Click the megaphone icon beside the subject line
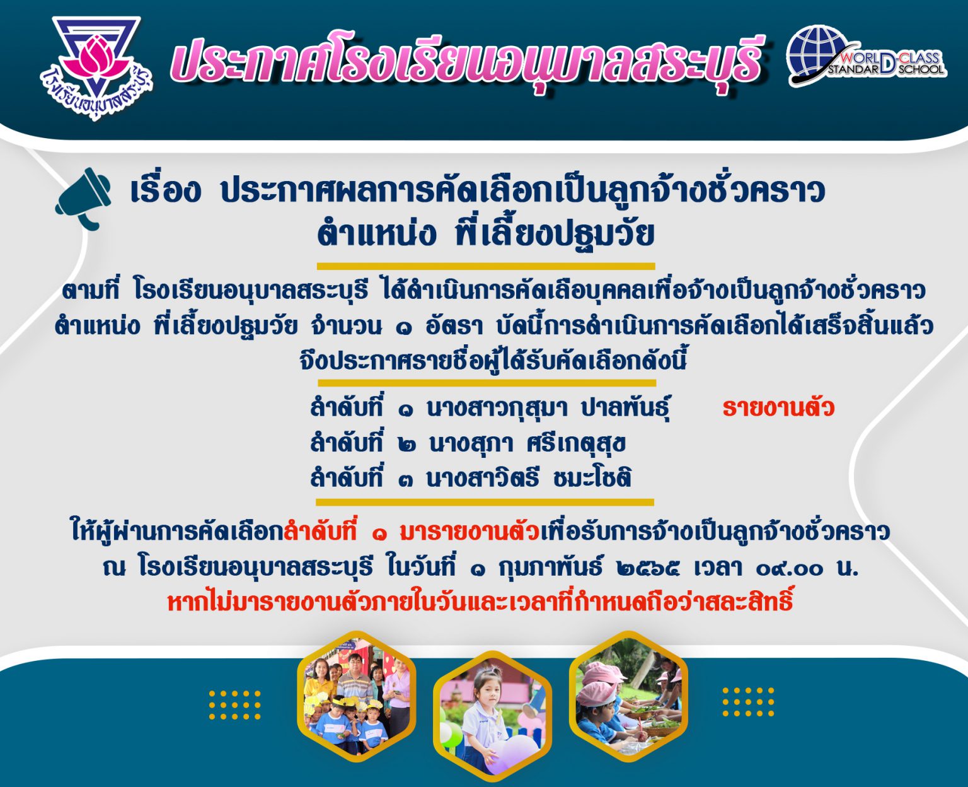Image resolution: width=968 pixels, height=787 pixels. pos(83,199)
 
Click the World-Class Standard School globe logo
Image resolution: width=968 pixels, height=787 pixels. pos(867,56)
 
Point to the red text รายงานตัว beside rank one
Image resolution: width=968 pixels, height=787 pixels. pos(778,408)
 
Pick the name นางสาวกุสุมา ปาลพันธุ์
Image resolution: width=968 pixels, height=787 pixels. pos(548,408)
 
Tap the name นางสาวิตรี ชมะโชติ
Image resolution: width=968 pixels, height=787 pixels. pos(529,478)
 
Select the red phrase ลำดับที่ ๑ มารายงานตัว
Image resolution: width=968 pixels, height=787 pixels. pos(412,532)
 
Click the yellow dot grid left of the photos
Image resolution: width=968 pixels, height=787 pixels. pos(234,705)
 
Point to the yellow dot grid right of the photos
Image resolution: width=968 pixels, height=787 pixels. pos(748,702)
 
